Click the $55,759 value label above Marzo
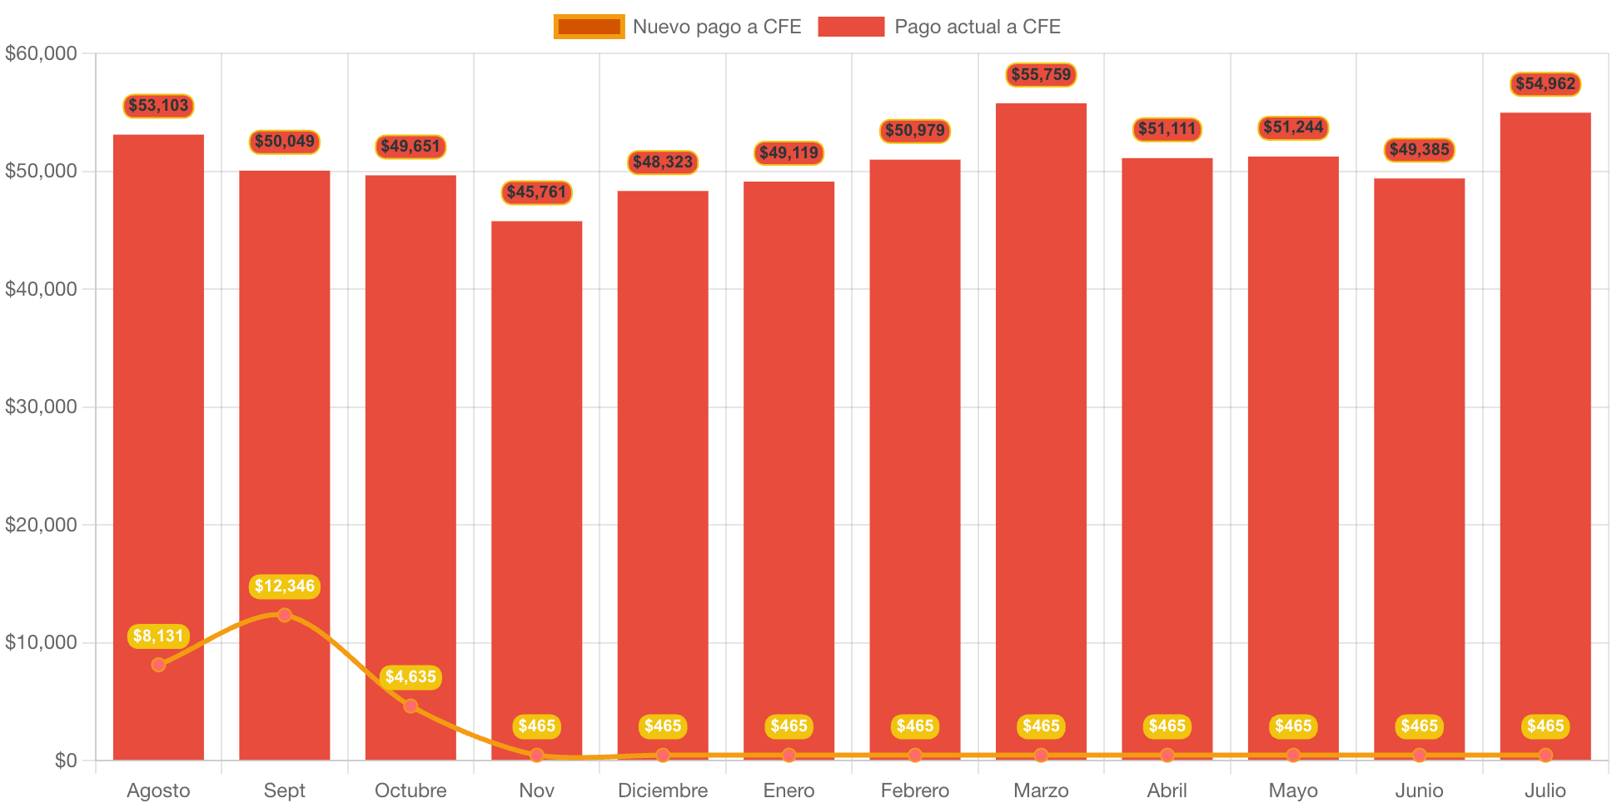pos(1041,75)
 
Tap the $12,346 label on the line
pos(285,586)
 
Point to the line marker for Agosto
pos(158,665)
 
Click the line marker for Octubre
pos(410,706)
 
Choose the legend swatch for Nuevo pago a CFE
pos(589,27)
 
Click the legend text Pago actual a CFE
pos(977,27)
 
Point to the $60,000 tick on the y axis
pos(41,53)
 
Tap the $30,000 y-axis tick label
pos(41,406)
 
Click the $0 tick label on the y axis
pos(65,760)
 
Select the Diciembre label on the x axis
pos(663,791)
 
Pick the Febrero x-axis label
pos(914,791)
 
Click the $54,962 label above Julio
pos(1545,84)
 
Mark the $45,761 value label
pos(536,192)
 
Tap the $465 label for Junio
pos(1419,726)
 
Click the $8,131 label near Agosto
pos(158,636)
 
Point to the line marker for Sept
pos(285,616)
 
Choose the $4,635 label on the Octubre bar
pos(410,677)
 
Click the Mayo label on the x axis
pos(1293,791)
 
